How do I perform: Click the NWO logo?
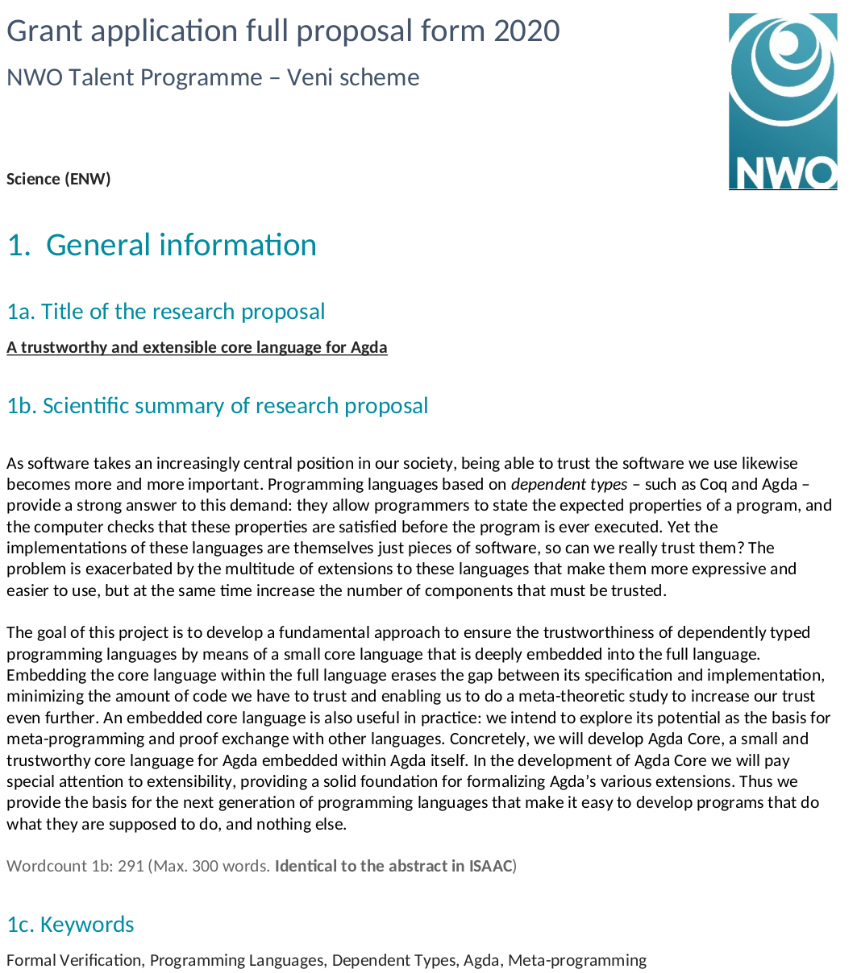click(782, 101)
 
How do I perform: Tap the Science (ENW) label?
click(58, 179)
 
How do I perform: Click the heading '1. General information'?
click(162, 245)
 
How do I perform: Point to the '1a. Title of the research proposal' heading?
click(166, 312)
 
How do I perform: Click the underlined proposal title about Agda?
click(197, 348)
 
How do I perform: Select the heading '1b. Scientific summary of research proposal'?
click(218, 406)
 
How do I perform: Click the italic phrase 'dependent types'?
click(569, 485)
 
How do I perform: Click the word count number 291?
click(131, 867)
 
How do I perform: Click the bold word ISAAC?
click(490, 867)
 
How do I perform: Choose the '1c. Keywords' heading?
click(71, 925)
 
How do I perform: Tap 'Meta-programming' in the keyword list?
click(577, 960)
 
